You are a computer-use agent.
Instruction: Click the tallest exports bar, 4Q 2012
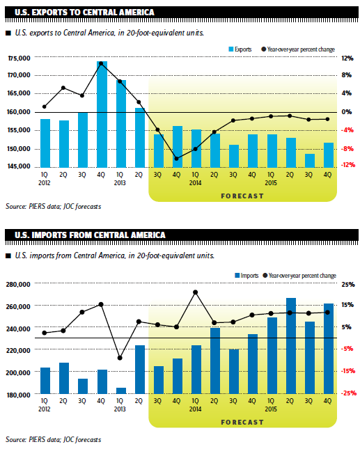[102, 114]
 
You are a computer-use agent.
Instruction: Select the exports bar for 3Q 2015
[310, 161]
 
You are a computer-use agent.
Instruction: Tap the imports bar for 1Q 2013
[121, 391]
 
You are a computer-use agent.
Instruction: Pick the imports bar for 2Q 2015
[291, 346]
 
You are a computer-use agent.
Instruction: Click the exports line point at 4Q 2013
[176, 159]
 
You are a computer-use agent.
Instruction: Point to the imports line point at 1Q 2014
[196, 292]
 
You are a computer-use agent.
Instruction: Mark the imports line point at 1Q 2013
[120, 358]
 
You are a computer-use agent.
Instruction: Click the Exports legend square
[231, 49]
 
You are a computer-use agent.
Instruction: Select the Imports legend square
[237, 276]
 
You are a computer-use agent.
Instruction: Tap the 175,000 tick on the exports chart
[19, 58]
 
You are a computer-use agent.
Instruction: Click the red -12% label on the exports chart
[348, 165]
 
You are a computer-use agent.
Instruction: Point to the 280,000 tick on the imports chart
[18, 285]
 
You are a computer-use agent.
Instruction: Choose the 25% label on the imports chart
[348, 285]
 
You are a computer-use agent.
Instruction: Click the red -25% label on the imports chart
[349, 393]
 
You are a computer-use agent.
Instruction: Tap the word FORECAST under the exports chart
[242, 196]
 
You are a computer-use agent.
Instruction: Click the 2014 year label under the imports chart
[196, 409]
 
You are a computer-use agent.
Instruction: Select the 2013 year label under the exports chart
[120, 183]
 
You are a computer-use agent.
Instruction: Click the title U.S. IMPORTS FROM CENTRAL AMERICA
[90, 235]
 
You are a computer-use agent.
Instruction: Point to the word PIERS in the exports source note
[36, 207]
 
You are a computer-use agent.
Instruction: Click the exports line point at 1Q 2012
[45, 107]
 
